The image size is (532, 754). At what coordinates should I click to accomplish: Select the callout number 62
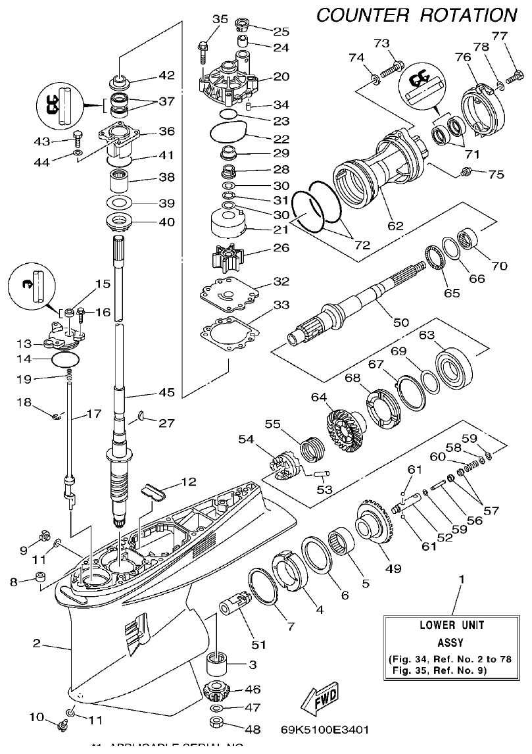pyautogui.click(x=395, y=226)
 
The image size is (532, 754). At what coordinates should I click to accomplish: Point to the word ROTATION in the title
pyautogui.click(x=469, y=14)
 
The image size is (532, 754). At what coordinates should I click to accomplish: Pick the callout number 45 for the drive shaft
pyautogui.click(x=166, y=393)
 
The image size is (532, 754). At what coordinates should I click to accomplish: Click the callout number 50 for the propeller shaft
pyautogui.click(x=400, y=322)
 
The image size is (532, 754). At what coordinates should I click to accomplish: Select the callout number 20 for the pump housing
pyautogui.click(x=281, y=76)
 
